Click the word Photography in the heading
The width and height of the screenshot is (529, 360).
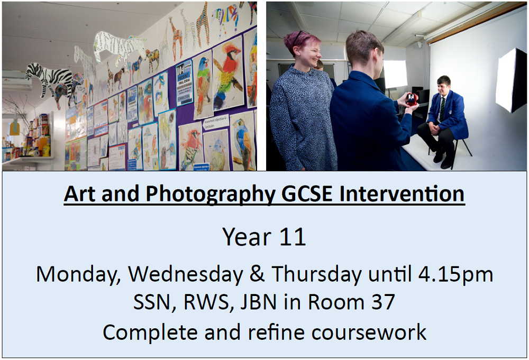(210, 195)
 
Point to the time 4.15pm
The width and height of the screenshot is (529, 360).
(455, 275)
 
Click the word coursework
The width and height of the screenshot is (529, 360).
(369, 333)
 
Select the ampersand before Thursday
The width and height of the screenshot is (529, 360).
(257, 274)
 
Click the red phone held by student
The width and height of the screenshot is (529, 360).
(412, 98)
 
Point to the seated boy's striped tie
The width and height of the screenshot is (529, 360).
(442, 108)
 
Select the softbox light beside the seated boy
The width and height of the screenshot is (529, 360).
(510, 80)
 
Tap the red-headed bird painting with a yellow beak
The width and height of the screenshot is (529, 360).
(229, 73)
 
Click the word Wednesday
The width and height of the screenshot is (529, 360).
(186, 275)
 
